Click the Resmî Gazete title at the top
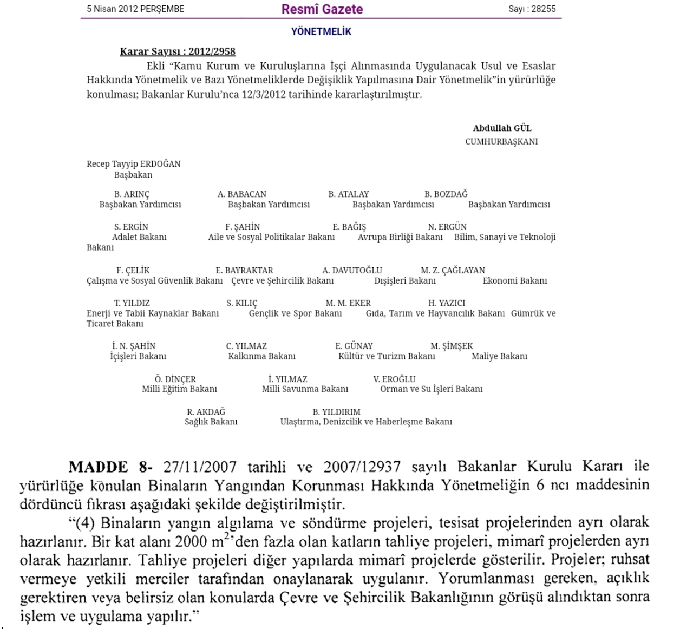pos(322,9)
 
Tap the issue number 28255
pos(542,9)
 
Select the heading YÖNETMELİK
pos(321,31)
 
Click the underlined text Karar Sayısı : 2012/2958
pos(178,51)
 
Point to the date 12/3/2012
pos(264,94)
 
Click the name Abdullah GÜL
pos(502,128)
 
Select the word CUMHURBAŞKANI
pos(501,142)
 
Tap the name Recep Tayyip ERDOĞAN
pos(134,164)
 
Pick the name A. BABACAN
pos(242,194)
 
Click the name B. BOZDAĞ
pos(446,194)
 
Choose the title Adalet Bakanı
pos(139,237)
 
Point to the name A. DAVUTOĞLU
pos(352,270)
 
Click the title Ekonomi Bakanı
pos(515,281)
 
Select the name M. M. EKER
pos(348,303)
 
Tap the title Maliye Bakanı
pos(499,356)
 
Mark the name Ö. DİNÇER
pos(175,379)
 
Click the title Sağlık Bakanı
pos(211,422)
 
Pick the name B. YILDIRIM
pos(336,412)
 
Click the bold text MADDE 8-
pos(110,467)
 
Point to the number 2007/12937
pos(362,467)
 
